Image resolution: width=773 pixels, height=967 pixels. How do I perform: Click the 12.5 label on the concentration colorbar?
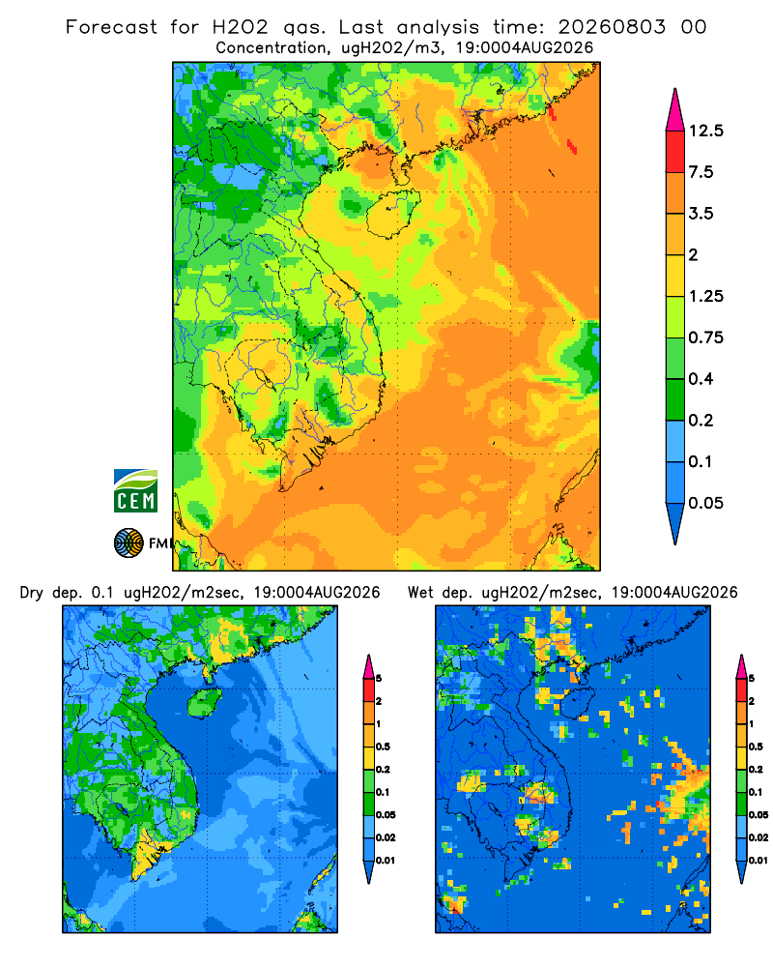[x=705, y=131]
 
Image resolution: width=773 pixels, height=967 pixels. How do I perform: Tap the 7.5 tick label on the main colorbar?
[x=701, y=172]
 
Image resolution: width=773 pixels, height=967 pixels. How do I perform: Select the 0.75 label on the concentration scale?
[x=705, y=337]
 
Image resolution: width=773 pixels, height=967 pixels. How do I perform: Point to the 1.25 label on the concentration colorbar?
[x=705, y=296]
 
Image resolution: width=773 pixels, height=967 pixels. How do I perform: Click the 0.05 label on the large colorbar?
[x=705, y=503]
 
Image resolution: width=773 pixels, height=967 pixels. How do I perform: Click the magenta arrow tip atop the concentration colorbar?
[x=675, y=110]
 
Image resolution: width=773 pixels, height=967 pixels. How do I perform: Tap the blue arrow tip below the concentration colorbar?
[x=675, y=523]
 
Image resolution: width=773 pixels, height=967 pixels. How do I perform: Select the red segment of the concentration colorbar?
[x=675, y=152]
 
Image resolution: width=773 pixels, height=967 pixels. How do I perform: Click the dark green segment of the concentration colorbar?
[x=675, y=399]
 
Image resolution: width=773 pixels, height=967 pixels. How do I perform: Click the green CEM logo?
[x=135, y=491]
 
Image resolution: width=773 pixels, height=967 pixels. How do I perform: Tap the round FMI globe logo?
[x=129, y=543]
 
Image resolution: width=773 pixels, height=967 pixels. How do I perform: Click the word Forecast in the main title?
[x=111, y=27]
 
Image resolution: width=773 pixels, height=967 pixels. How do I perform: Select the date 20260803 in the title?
[x=612, y=27]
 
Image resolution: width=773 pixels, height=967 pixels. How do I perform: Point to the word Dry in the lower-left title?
[x=32, y=593]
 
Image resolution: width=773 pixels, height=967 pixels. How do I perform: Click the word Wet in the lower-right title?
[x=421, y=593]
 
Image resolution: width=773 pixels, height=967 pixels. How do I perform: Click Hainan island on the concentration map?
[x=392, y=213]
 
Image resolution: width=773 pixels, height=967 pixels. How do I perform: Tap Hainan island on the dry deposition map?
[x=205, y=702]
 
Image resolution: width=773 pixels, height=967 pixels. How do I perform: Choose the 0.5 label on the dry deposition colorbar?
[x=383, y=747]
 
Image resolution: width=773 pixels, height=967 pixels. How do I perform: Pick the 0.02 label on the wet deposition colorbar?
[x=759, y=837]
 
